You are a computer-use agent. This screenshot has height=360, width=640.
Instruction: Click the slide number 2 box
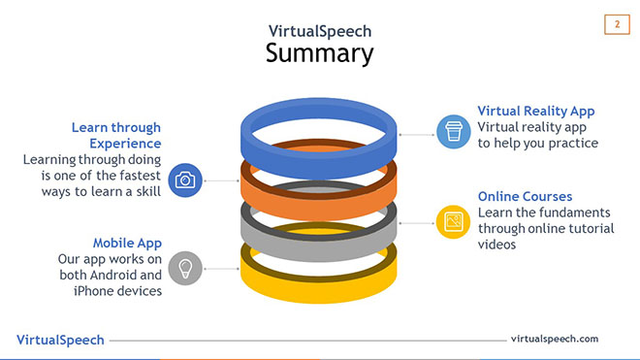click(x=617, y=24)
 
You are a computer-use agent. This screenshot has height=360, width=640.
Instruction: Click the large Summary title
click(x=319, y=52)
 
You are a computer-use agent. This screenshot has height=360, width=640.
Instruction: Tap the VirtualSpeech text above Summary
click(x=319, y=30)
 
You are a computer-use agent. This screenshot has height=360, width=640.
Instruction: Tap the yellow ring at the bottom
click(x=319, y=281)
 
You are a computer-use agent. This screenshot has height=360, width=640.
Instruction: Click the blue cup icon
click(x=452, y=131)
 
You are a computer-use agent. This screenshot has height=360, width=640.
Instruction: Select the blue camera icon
click(x=185, y=180)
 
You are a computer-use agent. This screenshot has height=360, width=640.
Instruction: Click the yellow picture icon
click(x=452, y=221)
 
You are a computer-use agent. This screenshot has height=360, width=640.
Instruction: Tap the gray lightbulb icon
click(x=185, y=267)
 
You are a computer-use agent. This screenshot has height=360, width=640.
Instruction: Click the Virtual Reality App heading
click(x=536, y=112)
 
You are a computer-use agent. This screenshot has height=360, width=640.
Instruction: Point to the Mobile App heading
click(x=127, y=243)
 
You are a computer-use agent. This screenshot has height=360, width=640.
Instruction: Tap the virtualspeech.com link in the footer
click(x=554, y=339)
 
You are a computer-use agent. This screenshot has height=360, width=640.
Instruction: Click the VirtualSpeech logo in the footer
click(x=60, y=340)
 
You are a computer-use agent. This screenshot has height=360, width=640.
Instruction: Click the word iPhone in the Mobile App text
click(x=94, y=291)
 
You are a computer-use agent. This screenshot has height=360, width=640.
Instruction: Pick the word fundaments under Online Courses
click(x=575, y=213)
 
